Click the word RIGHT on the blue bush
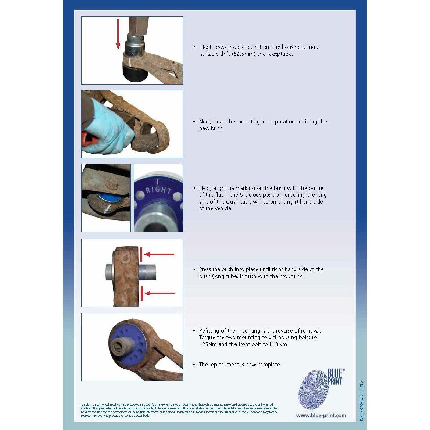[x=158, y=190]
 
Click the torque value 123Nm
[x=208, y=344]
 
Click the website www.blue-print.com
[x=321, y=415]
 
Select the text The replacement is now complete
[x=239, y=365]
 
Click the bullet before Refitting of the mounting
[x=194, y=331]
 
